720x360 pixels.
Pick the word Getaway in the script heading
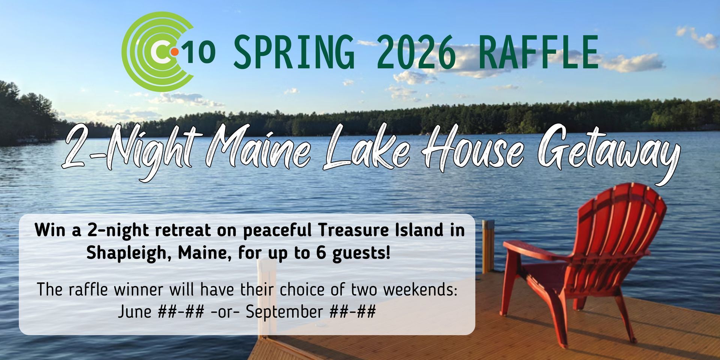pos(607,152)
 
